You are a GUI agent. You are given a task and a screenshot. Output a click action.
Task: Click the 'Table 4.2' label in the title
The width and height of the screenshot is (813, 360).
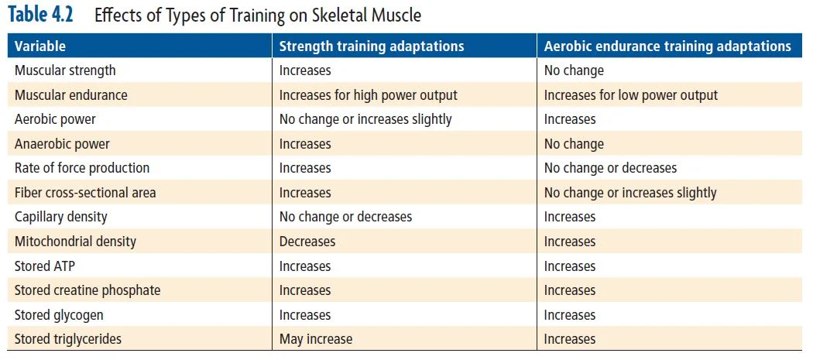45,15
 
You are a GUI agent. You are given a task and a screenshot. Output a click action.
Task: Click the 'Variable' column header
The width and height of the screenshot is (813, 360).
39,46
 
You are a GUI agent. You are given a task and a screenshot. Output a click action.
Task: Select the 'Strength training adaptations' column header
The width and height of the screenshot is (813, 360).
371,46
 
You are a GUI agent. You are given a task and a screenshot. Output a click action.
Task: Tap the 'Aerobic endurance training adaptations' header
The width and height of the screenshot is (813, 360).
667,46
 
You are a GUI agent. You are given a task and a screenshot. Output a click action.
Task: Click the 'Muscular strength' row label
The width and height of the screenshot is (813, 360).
65,70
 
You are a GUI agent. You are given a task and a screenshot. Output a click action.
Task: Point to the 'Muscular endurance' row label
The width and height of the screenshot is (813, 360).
70,95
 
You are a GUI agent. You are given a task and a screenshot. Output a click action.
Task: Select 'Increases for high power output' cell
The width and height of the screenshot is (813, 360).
368,95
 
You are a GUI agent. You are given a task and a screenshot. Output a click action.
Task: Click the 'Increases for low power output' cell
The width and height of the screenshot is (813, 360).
630,95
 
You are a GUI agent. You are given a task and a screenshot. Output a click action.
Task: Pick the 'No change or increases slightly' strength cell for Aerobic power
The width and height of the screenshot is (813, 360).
365,119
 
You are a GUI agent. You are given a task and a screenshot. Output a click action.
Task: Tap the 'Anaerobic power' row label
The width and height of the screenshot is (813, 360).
62,144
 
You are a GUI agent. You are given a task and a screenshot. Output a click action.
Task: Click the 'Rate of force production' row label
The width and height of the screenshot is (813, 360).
82,168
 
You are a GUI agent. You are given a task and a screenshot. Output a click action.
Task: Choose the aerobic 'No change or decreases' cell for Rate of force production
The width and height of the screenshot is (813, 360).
610,168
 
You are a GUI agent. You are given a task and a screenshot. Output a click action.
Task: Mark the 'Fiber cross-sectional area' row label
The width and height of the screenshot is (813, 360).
85,193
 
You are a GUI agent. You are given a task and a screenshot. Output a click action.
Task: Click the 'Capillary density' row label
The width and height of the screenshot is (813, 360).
60,217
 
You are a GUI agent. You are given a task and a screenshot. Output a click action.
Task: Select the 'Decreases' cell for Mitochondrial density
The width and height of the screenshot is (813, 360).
307,242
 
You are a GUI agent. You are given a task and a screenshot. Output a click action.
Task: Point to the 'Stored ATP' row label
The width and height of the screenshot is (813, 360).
45,266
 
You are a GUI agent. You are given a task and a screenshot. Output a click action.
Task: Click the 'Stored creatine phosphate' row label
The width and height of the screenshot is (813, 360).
87,290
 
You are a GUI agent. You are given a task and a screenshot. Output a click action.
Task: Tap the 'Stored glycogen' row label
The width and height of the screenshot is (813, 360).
59,315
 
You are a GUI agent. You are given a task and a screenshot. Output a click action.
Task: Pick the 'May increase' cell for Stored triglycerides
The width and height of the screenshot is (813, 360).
315,339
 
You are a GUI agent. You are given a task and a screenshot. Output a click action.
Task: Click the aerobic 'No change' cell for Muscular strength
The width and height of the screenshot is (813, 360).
574,70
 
